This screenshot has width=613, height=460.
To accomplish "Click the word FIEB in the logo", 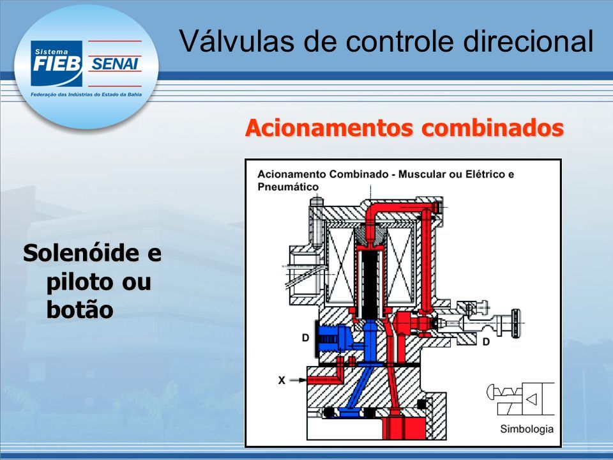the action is (57, 64).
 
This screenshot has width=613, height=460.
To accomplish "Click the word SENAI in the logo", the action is (114, 64).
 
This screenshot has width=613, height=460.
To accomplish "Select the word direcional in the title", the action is (529, 41).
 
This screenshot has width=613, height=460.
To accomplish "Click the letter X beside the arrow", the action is (282, 380).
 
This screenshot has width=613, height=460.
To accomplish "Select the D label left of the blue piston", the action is (306, 337).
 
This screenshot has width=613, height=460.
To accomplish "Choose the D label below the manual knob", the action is (486, 342).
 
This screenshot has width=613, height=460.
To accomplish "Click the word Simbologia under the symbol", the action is (527, 429).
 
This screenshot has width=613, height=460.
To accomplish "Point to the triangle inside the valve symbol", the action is (532, 399).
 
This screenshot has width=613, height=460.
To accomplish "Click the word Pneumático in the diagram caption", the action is (288, 187).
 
